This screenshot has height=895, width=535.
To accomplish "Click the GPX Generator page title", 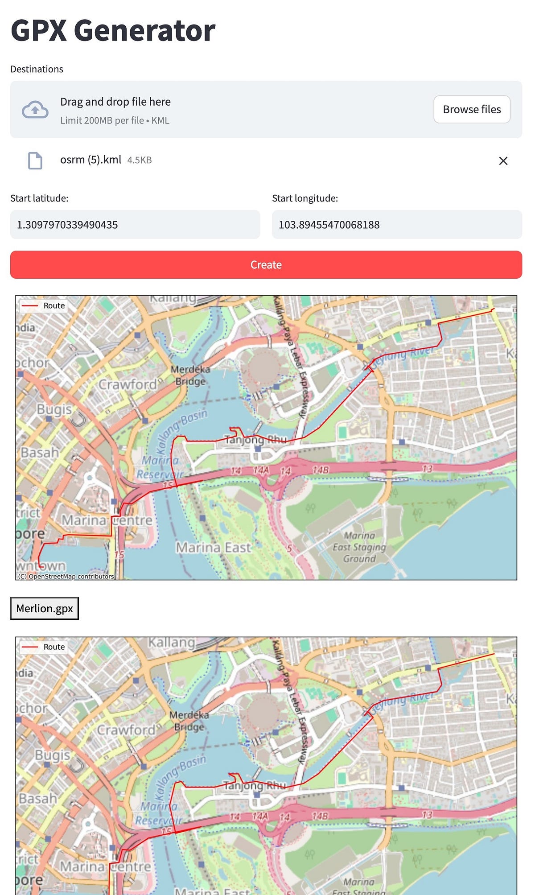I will coord(113,30).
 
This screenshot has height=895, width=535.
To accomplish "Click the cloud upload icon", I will coord(35,110).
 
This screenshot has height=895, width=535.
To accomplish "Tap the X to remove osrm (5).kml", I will coord(503,161).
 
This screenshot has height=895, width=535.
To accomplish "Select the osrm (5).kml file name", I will coord(91,160).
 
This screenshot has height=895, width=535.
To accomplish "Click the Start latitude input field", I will coord(135,225).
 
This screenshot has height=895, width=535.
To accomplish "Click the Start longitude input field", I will coord(397,225).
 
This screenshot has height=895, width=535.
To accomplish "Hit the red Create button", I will coord(266,265).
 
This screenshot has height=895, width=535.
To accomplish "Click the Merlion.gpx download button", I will coord(45,609).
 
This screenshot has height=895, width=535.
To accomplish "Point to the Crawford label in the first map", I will coord(128,384).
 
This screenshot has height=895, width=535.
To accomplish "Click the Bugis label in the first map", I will coord(54,409).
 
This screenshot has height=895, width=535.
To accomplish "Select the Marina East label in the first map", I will coord(214,548).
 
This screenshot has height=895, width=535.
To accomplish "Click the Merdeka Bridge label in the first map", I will coord(190,375).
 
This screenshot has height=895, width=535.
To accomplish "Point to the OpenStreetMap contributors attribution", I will coord(66,576).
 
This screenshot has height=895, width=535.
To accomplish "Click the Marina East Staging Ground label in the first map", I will coord(359,547).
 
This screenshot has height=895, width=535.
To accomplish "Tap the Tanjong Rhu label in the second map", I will coord(255,785).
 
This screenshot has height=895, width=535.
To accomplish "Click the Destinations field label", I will coord(37,69).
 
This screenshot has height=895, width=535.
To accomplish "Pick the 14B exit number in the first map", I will coord(321,470).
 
